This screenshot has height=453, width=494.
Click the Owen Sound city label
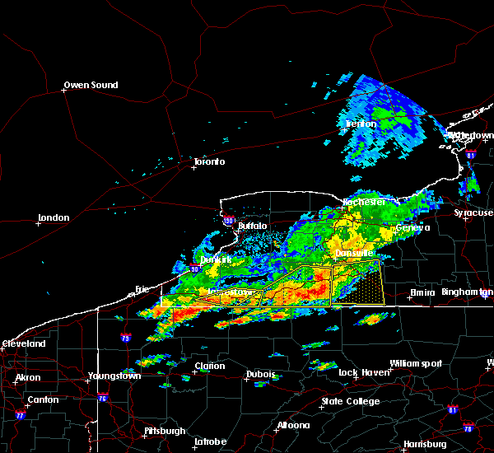tap(91, 85)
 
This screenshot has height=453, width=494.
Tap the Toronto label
tap(209, 161)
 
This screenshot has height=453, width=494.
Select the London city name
tap(54, 218)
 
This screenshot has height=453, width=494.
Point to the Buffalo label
tap(253, 225)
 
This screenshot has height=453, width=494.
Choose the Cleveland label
tap(25, 343)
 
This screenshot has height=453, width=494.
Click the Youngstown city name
tap(114, 376)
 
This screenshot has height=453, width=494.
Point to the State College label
tap(351, 401)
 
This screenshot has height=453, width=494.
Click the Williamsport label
tap(416, 363)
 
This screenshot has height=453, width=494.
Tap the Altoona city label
tap(293, 425)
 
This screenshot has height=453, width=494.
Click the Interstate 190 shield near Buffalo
tap(228, 221)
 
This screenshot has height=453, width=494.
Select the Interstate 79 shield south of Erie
tap(125, 338)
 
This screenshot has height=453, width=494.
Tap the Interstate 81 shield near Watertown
tap(470, 154)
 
